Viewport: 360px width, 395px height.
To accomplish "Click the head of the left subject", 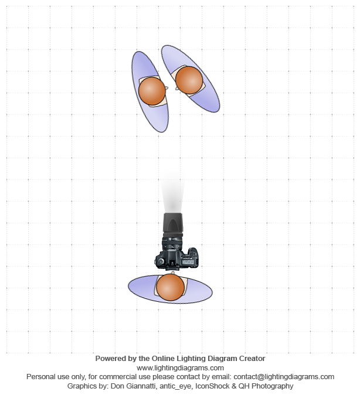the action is coord(152,91).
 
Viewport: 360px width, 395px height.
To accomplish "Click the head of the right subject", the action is coord(189,80).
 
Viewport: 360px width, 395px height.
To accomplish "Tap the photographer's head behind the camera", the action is coord(170,287).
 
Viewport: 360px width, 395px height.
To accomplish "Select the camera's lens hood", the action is coord(173,223).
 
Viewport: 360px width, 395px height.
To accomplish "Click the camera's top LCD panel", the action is coord(188,262).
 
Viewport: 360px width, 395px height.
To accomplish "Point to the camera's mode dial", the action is coord(161,261).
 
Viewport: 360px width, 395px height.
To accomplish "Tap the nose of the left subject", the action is coord(167,88).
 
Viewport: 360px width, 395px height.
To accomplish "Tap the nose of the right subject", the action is coord(176,89).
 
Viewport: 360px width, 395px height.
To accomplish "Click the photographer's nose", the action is coord(172,273).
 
